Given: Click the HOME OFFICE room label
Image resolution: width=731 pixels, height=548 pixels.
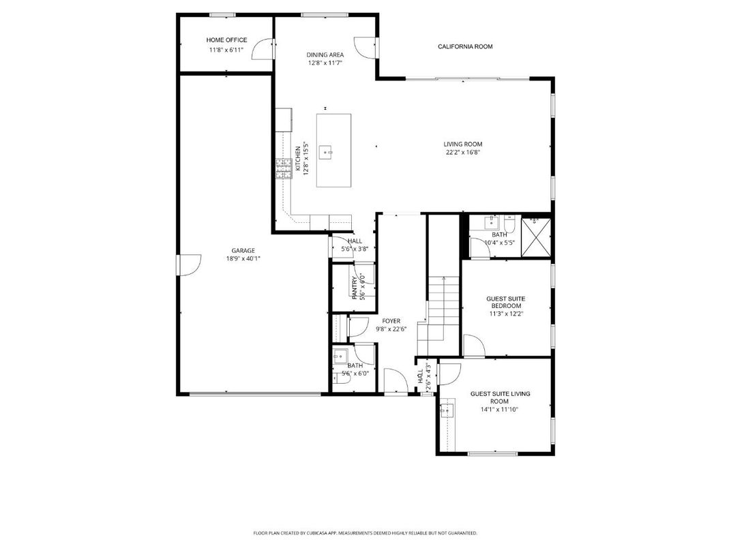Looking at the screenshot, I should (227, 40).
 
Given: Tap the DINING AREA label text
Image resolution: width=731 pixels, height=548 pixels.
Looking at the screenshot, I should (325, 55).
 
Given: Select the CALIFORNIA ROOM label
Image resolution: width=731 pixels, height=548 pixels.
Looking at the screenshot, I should (464, 46).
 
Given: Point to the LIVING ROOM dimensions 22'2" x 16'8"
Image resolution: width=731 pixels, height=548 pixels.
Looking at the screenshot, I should (463, 153).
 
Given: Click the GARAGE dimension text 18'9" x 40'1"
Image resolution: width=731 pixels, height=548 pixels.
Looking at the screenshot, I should (243, 258).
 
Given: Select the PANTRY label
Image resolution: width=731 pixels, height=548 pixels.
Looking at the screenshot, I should (354, 287).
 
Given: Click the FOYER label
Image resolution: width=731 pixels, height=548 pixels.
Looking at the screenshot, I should (391, 320).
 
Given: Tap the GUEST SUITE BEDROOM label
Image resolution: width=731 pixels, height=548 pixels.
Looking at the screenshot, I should (505, 303).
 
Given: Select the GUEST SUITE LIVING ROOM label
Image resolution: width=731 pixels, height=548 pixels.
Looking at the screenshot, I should (500, 397).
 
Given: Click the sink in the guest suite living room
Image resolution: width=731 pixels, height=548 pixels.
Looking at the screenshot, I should (447, 410).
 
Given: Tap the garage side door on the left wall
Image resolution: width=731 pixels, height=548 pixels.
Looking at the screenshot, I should (188, 264).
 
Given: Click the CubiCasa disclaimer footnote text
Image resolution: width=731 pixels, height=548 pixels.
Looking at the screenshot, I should (365, 533).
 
